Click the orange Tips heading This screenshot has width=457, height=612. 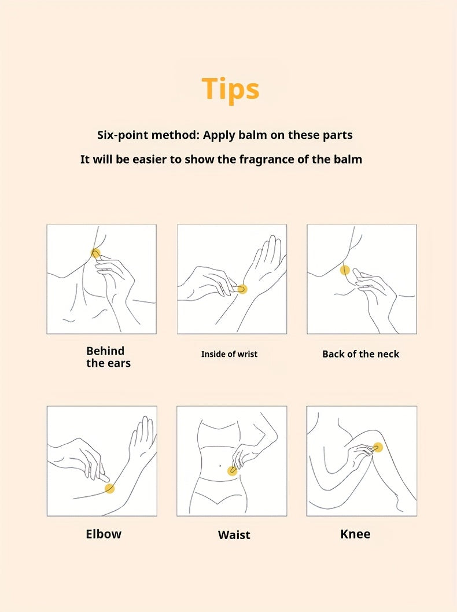230,90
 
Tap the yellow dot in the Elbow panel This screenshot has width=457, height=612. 110,488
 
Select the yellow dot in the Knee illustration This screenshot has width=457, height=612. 377,448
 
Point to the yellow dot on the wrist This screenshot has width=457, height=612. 242,289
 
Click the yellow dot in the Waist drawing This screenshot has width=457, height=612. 232,471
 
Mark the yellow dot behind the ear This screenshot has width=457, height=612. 95,253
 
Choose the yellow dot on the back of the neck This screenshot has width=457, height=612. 345,270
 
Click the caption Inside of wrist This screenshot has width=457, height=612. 229,354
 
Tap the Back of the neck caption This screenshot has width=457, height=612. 360,354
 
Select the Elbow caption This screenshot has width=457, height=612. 104,533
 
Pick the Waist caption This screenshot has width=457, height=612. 234,534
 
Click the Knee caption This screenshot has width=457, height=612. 355,533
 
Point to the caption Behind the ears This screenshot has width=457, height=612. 108,357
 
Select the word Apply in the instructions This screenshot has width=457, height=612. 219,135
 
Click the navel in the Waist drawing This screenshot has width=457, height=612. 220,466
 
